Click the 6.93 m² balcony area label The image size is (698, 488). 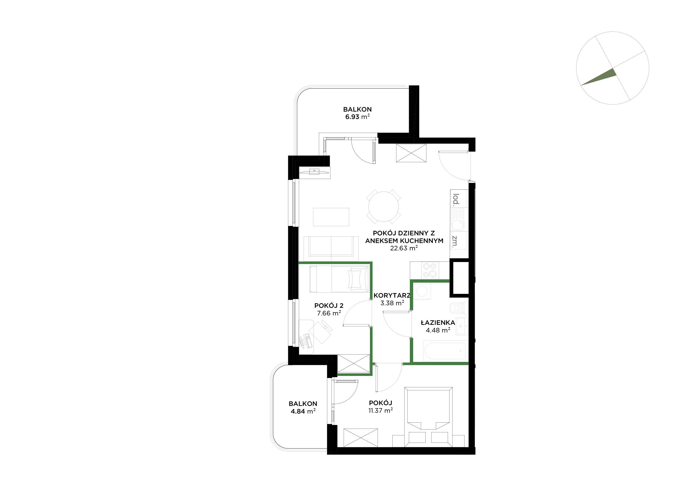coord(357,117)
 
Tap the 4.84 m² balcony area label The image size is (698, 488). coord(303,411)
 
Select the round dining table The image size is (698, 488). coord(383,206)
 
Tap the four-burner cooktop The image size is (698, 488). coord(430,270)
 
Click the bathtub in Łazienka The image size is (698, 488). coord(444,352)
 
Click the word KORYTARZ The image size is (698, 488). coord(392,295)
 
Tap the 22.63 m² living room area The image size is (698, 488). coord(404,248)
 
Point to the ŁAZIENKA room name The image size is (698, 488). coord(438,322)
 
